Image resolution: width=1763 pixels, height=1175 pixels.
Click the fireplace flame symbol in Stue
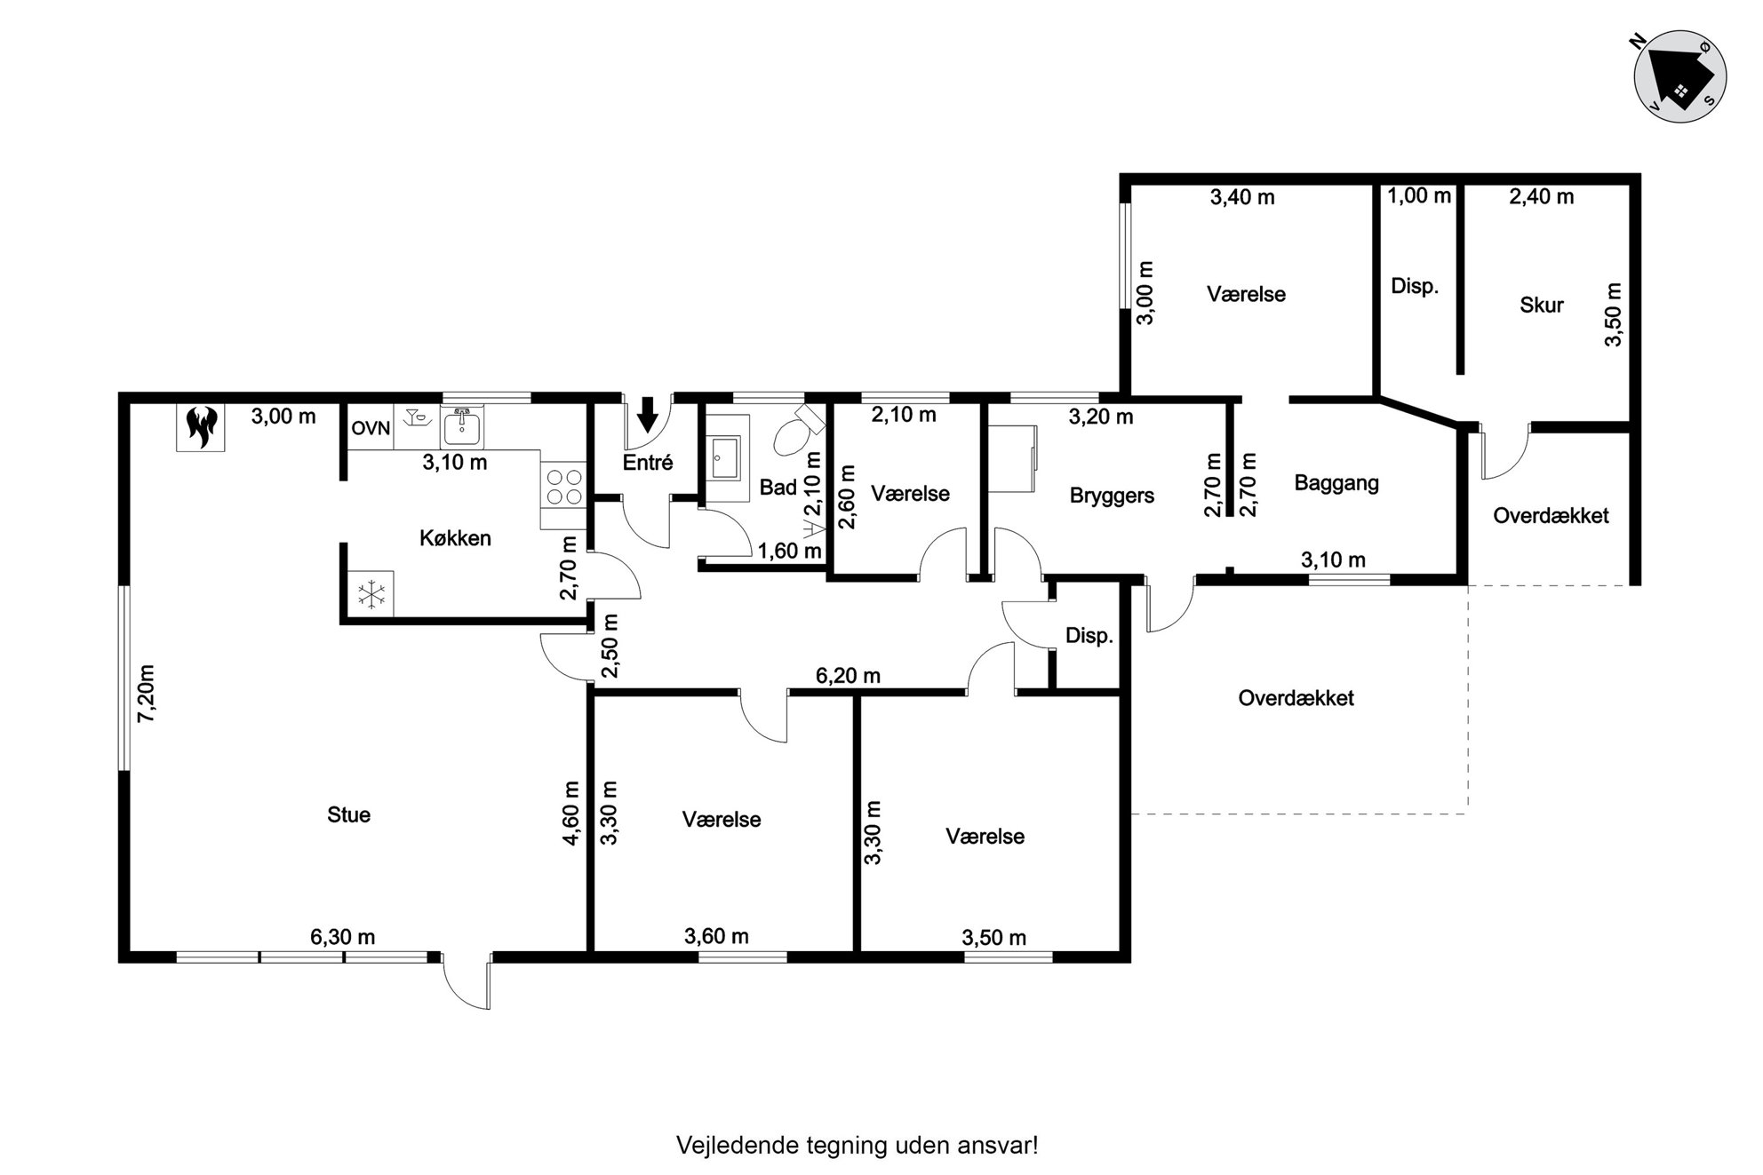click(200, 427)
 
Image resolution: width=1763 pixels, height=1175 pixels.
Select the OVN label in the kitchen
click(371, 428)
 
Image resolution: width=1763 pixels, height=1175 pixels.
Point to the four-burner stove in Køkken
click(563, 487)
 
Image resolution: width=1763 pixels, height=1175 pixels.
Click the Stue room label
click(348, 815)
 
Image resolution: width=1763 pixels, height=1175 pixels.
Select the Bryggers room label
click(1112, 496)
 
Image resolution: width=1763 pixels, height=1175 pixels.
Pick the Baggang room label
click(1336, 484)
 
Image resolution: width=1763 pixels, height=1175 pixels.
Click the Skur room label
click(1542, 305)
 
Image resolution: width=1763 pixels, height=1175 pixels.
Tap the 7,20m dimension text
click(147, 694)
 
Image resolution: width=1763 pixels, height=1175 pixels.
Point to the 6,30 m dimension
click(342, 937)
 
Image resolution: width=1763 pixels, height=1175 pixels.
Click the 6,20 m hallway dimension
click(848, 676)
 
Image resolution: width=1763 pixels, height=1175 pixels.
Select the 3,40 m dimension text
click(1242, 197)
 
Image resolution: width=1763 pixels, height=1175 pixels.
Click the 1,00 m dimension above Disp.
click(1419, 195)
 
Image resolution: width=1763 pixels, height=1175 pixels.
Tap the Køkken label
click(455, 538)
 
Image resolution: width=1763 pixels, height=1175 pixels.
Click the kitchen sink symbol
click(461, 428)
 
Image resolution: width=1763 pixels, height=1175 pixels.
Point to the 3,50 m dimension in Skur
click(1614, 315)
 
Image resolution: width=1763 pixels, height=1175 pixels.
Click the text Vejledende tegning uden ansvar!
click(858, 1146)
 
